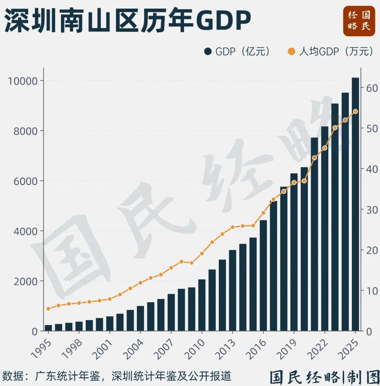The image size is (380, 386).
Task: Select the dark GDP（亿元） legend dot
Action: coord(208,52)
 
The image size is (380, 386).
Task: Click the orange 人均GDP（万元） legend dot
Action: coord(292,52)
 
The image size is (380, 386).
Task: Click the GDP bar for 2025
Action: coord(355,204)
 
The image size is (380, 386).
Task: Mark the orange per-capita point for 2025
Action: coord(355,112)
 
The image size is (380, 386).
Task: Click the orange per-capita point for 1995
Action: coord(48,309)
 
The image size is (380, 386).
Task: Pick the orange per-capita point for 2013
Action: coord(232,227)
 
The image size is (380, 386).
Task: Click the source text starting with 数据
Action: coord(116,376)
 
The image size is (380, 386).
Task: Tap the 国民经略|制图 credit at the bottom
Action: coord(324,377)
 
